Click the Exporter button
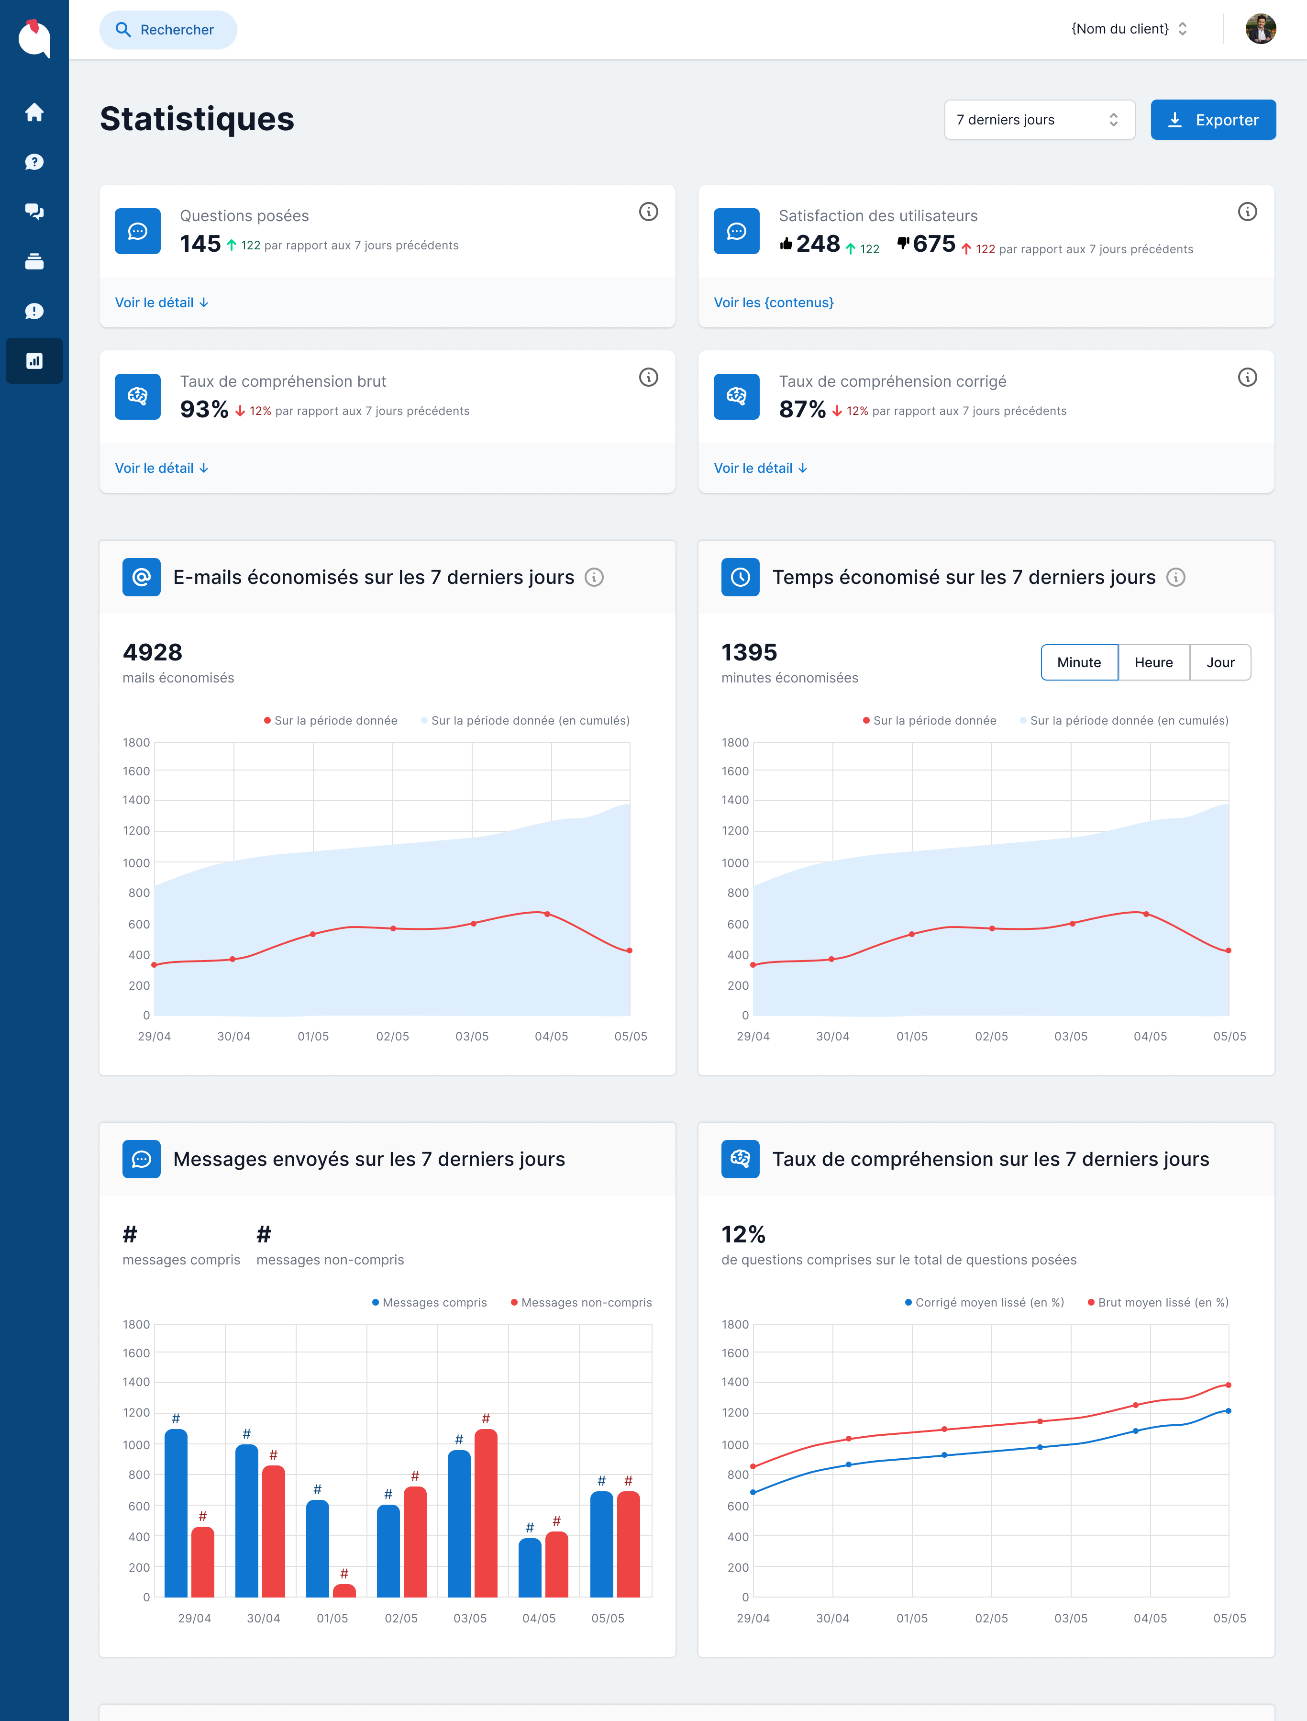coord(1212,120)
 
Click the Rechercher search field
coord(168,30)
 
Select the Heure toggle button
coord(1153,662)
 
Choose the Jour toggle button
coord(1220,662)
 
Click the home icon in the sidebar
coord(34,112)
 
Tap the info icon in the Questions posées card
coord(648,212)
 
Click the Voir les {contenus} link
coord(773,303)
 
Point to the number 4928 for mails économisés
coord(153,652)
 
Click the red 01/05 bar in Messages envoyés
coord(344,1590)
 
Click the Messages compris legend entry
coord(430,1302)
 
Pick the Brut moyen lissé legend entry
coord(1158,1302)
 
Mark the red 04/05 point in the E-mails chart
coord(547,914)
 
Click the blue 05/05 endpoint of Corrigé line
coord(1229,1410)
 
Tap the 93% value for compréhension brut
coord(204,409)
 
